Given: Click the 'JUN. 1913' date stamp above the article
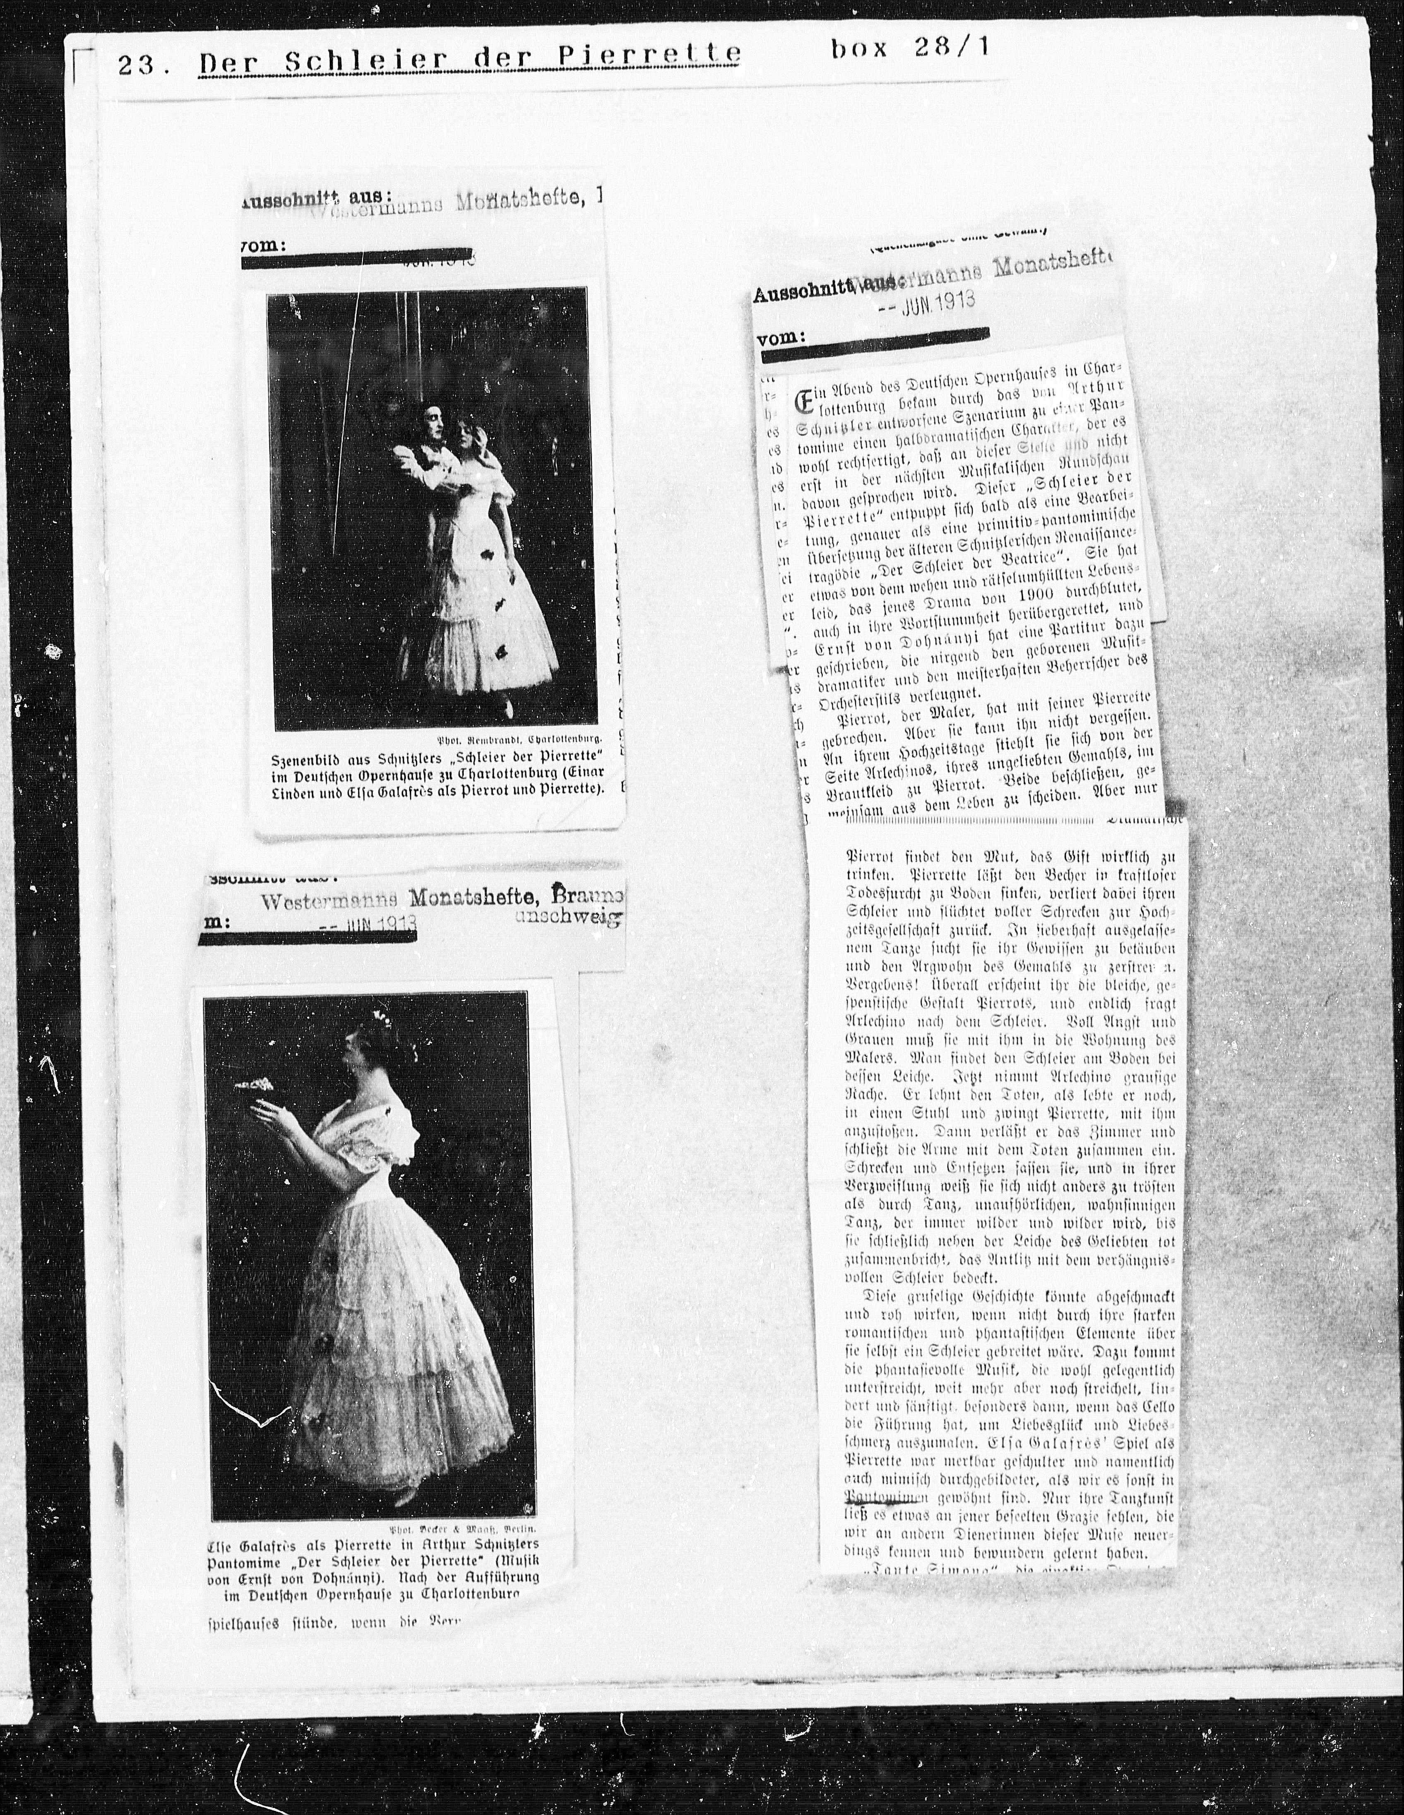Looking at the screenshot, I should (x=926, y=303).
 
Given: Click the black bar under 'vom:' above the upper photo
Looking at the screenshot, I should (x=357, y=260).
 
